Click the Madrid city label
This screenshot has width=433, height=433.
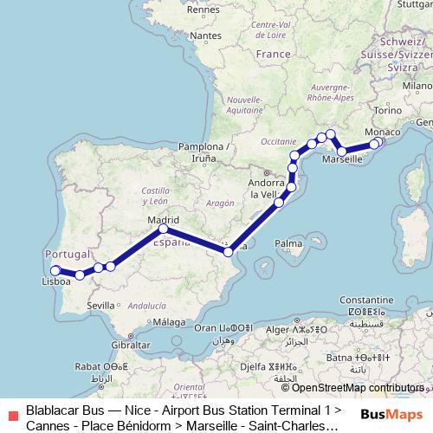tap(163, 220)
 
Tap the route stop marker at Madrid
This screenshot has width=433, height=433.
tap(164, 229)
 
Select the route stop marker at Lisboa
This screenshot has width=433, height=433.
tap(55, 270)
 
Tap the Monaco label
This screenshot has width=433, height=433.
tap(384, 131)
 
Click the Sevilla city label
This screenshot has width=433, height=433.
tap(101, 305)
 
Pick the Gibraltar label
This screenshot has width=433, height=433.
tap(130, 344)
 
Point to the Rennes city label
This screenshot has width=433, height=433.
tap(203, 10)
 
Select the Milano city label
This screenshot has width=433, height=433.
tap(416, 87)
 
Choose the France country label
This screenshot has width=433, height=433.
tap(274, 54)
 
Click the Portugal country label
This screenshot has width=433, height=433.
tap(67, 255)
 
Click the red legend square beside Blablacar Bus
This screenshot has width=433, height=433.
tap(11, 414)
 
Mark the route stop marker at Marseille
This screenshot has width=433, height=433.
tap(343, 152)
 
